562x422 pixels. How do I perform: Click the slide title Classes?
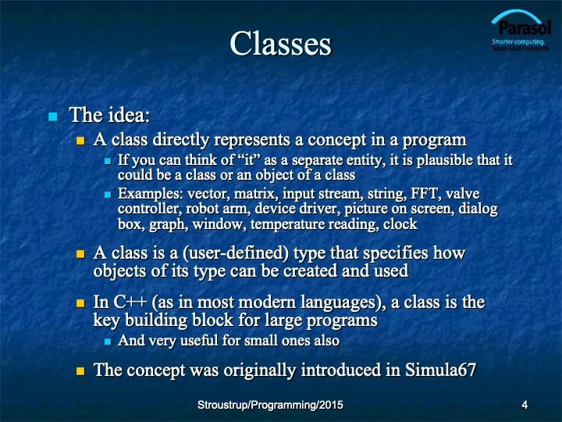(281, 44)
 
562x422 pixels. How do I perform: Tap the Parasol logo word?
(525, 27)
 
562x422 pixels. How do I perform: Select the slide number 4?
(525, 405)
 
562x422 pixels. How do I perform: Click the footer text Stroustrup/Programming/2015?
(270, 405)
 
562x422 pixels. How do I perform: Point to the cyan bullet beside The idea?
(53, 116)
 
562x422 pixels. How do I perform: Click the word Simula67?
(440, 370)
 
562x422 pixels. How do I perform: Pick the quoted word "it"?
(249, 160)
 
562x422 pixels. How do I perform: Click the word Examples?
(151, 194)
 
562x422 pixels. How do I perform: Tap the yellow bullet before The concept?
(80, 370)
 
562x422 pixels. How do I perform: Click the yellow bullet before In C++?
(80, 303)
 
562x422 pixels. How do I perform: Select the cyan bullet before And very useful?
(108, 342)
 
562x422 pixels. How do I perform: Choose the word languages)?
(343, 302)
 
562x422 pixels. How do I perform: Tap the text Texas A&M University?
(521, 48)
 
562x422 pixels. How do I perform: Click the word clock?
(400, 224)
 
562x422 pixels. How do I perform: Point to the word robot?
(200, 209)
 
